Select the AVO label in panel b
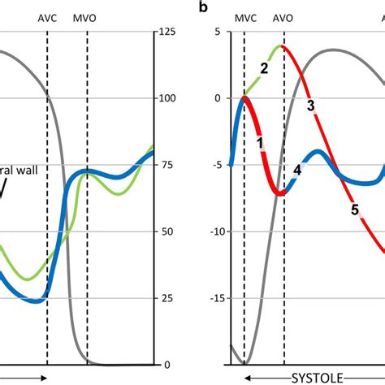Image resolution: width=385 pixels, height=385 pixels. coord(283,16)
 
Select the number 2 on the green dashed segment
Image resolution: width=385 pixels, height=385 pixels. coord(264,67)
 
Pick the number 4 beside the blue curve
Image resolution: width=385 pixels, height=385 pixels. coord(297,170)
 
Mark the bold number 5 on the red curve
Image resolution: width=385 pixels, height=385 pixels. coord(354,210)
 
